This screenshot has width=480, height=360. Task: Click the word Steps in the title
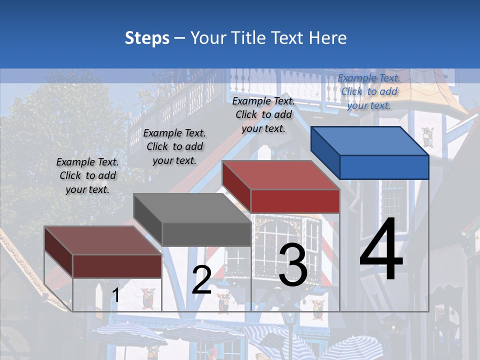click(147, 38)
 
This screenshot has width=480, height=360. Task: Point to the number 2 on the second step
click(201, 280)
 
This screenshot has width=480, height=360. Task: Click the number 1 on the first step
click(116, 295)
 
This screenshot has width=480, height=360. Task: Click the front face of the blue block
click(384, 167)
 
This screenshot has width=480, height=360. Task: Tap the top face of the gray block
click(192, 207)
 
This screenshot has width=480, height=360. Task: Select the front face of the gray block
click(206, 234)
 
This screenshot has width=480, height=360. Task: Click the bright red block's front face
click(295, 201)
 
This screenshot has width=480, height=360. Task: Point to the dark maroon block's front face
click(117, 265)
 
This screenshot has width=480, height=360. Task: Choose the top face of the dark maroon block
click(102, 240)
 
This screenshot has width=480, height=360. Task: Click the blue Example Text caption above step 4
click(369, 91)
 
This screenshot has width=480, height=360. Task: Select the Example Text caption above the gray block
click(174, 146)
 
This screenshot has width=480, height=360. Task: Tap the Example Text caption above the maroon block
click(87, 175)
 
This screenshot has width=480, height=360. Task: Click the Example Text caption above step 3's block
click(263, 114)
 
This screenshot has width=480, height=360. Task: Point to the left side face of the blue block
click(325, 150)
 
